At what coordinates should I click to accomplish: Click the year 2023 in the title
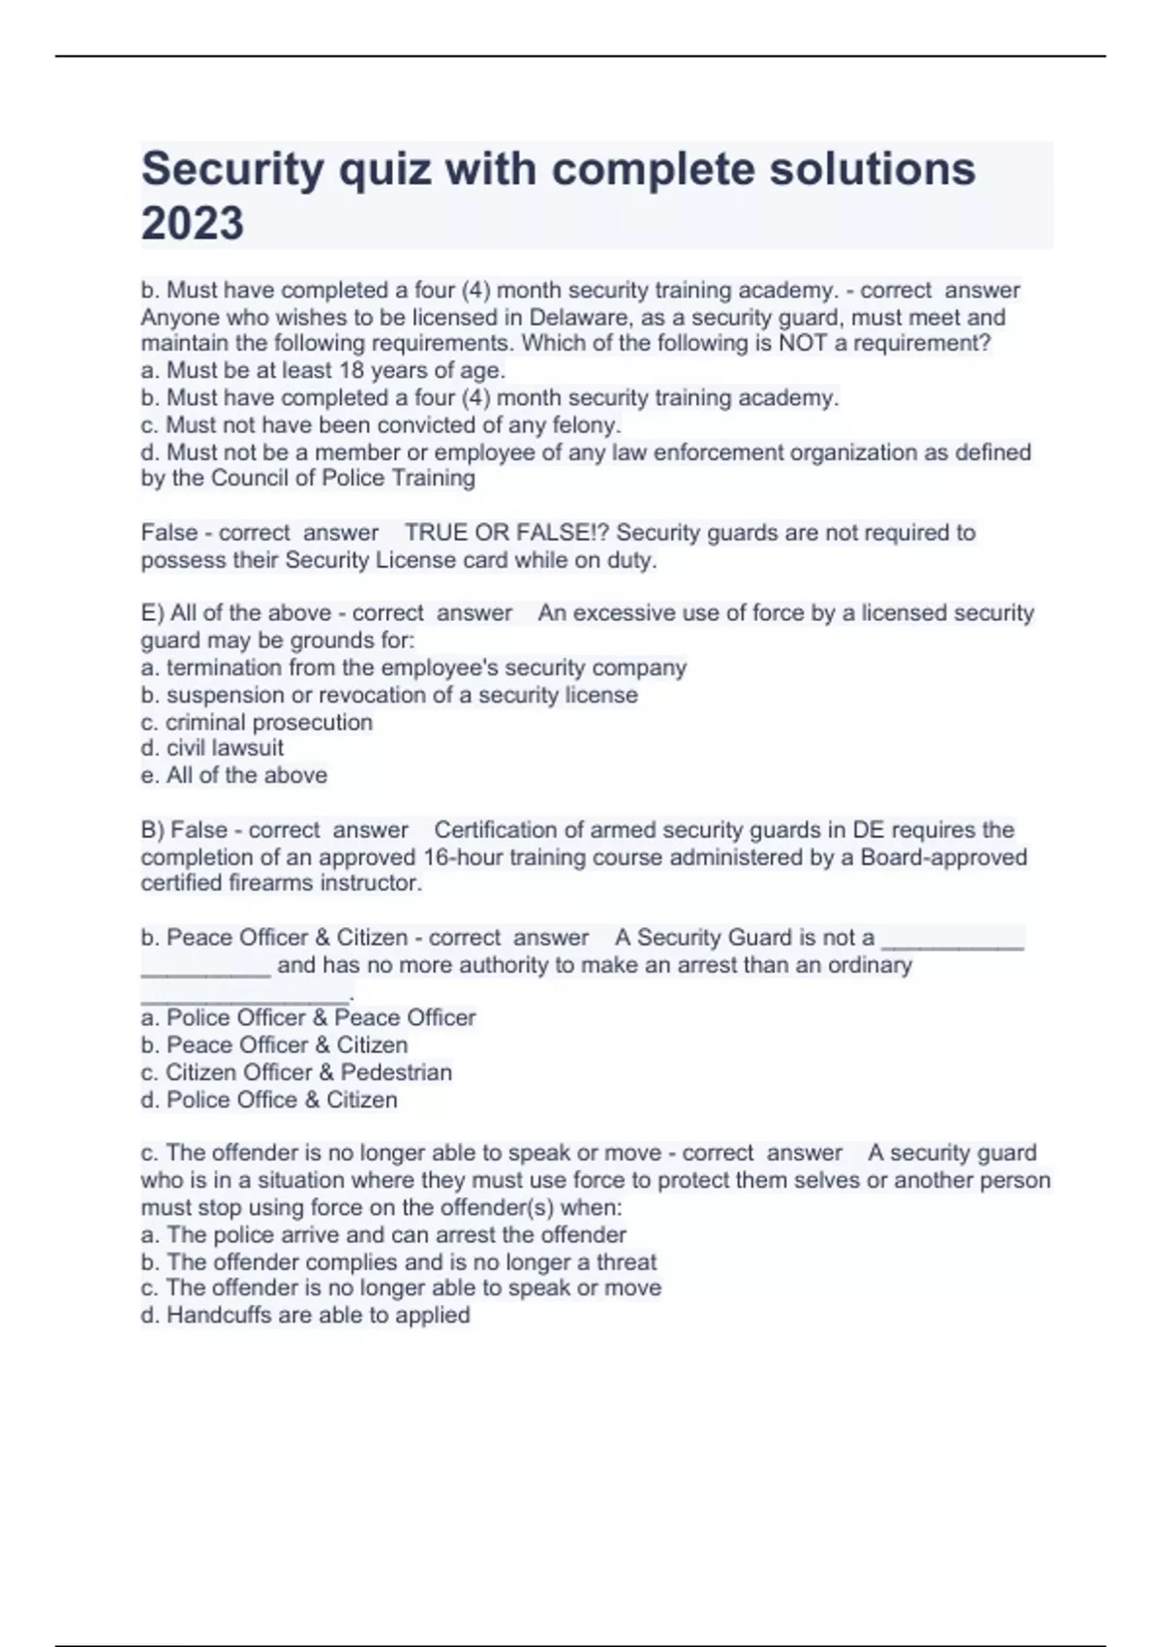(x=193, y=223)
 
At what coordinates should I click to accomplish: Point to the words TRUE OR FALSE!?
(x=506, y=533)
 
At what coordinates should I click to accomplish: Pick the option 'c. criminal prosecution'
(x=257, y=722)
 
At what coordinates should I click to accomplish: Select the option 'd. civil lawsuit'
(x=212, y=748)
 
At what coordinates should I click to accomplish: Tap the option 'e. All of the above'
(x=233, y=775)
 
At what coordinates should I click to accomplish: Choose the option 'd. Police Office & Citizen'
(x=269, y=1100)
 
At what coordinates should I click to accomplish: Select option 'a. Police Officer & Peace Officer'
(x=308, y=1018)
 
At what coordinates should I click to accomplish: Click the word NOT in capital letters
(x=800, y=343)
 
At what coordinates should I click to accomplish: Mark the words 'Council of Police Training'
(x=343, y=478)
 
